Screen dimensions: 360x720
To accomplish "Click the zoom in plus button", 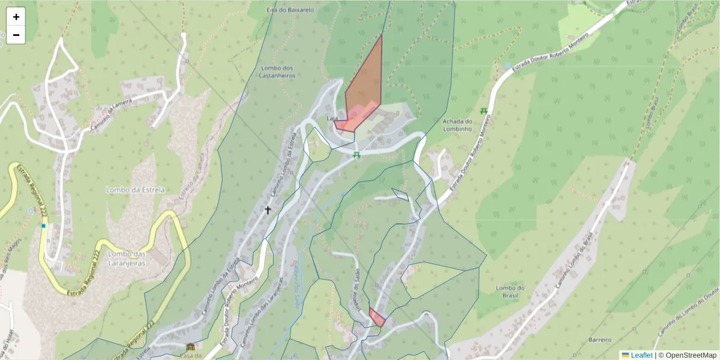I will [16, 17].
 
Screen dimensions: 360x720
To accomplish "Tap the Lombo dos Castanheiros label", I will [276, 71].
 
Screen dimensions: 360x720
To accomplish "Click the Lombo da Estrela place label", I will [135, 190].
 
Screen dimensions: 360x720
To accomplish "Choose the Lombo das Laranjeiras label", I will [127, 257].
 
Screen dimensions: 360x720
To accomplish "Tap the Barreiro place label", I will [599, 339].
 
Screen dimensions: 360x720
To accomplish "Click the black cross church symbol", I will [268, 210].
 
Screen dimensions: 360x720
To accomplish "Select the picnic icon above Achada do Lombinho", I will [483, 110].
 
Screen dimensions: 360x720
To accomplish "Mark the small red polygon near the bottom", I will [376, 317].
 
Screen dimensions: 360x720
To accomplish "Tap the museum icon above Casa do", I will [191, 347].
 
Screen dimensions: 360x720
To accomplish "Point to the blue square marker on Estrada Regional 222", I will [44, 226].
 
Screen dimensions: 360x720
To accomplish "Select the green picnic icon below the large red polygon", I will [356, 155].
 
